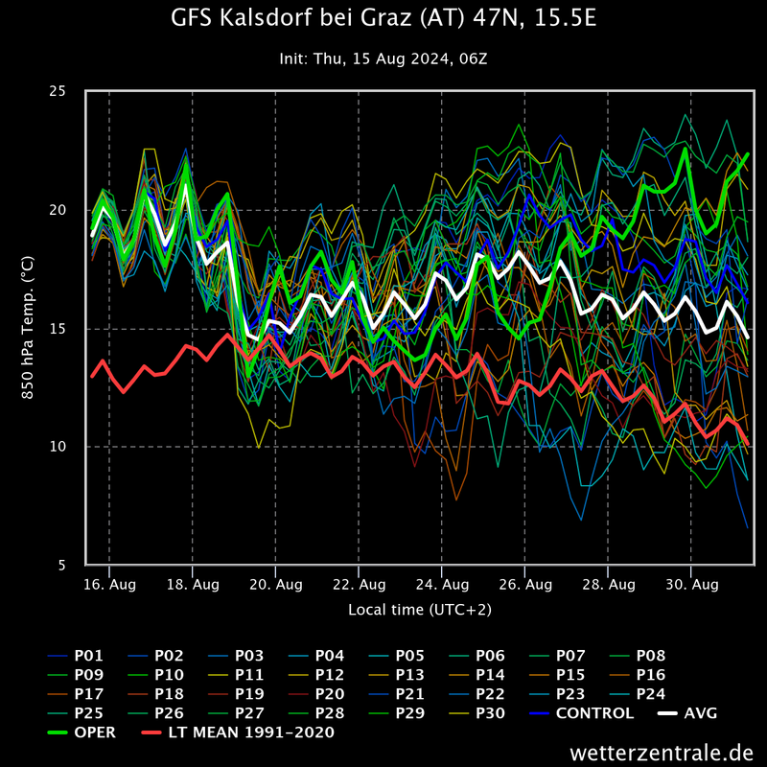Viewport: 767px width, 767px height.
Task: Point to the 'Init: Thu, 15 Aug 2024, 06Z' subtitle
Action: pos(383,58)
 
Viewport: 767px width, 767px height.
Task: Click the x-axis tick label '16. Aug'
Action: pos(109,584)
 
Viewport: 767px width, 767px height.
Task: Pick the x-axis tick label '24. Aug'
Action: pos(442,584)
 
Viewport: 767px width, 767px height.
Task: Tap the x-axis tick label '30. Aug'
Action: pos(691,584)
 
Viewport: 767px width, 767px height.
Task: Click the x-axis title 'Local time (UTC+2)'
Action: pos(419,609)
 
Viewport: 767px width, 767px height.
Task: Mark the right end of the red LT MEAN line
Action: pos(748,444)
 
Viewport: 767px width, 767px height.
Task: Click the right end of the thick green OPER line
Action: pos(748,153)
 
